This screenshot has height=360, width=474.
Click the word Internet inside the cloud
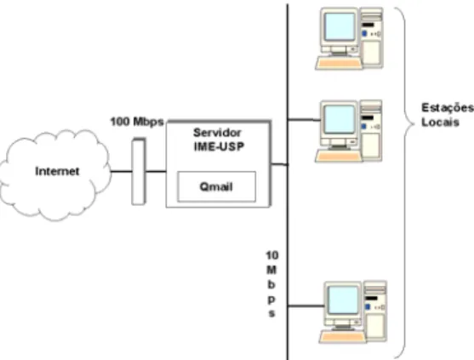point(57,171)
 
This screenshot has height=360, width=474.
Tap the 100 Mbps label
point(137,122)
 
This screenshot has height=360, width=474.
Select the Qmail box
point(216,186)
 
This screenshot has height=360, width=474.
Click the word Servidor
point(217,133)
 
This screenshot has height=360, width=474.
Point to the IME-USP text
point(219,146)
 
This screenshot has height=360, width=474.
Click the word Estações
point(448,108)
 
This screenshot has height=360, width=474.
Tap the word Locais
point(440,123)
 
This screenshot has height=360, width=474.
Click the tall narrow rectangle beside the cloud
point(139,171)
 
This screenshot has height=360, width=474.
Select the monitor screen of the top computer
point(340,26)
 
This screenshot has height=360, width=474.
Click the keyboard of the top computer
point(339,64)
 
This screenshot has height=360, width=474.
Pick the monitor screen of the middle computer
point(340,119)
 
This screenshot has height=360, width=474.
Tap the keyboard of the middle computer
point(339,157)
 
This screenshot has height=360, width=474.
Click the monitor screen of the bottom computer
point(343,300)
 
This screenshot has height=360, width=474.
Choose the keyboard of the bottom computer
point(343,337)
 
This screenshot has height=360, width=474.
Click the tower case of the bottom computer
point(375,311)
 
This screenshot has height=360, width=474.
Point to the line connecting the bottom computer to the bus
point(306,306)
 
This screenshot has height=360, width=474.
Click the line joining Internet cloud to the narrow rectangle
point(121,171)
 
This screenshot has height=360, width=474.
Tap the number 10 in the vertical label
point(272,255)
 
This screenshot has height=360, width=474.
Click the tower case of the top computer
point(372,37)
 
